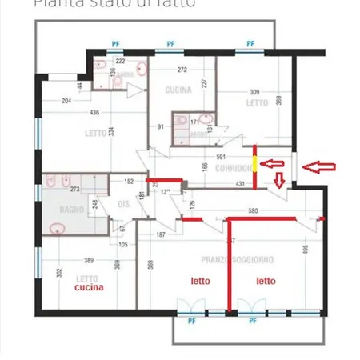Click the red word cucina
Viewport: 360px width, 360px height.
[x=88, y=286]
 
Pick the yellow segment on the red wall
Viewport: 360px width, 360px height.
[x=255, y=165]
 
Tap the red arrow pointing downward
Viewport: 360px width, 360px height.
[x=278, y=182]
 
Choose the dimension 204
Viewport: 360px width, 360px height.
[x=66, y=101]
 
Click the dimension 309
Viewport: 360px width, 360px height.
[x=256, y=92]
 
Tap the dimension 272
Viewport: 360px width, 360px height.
[x=183, y=70]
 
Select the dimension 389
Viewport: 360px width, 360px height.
[x=90, y=261]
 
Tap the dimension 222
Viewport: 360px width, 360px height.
[x=120, y=61]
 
